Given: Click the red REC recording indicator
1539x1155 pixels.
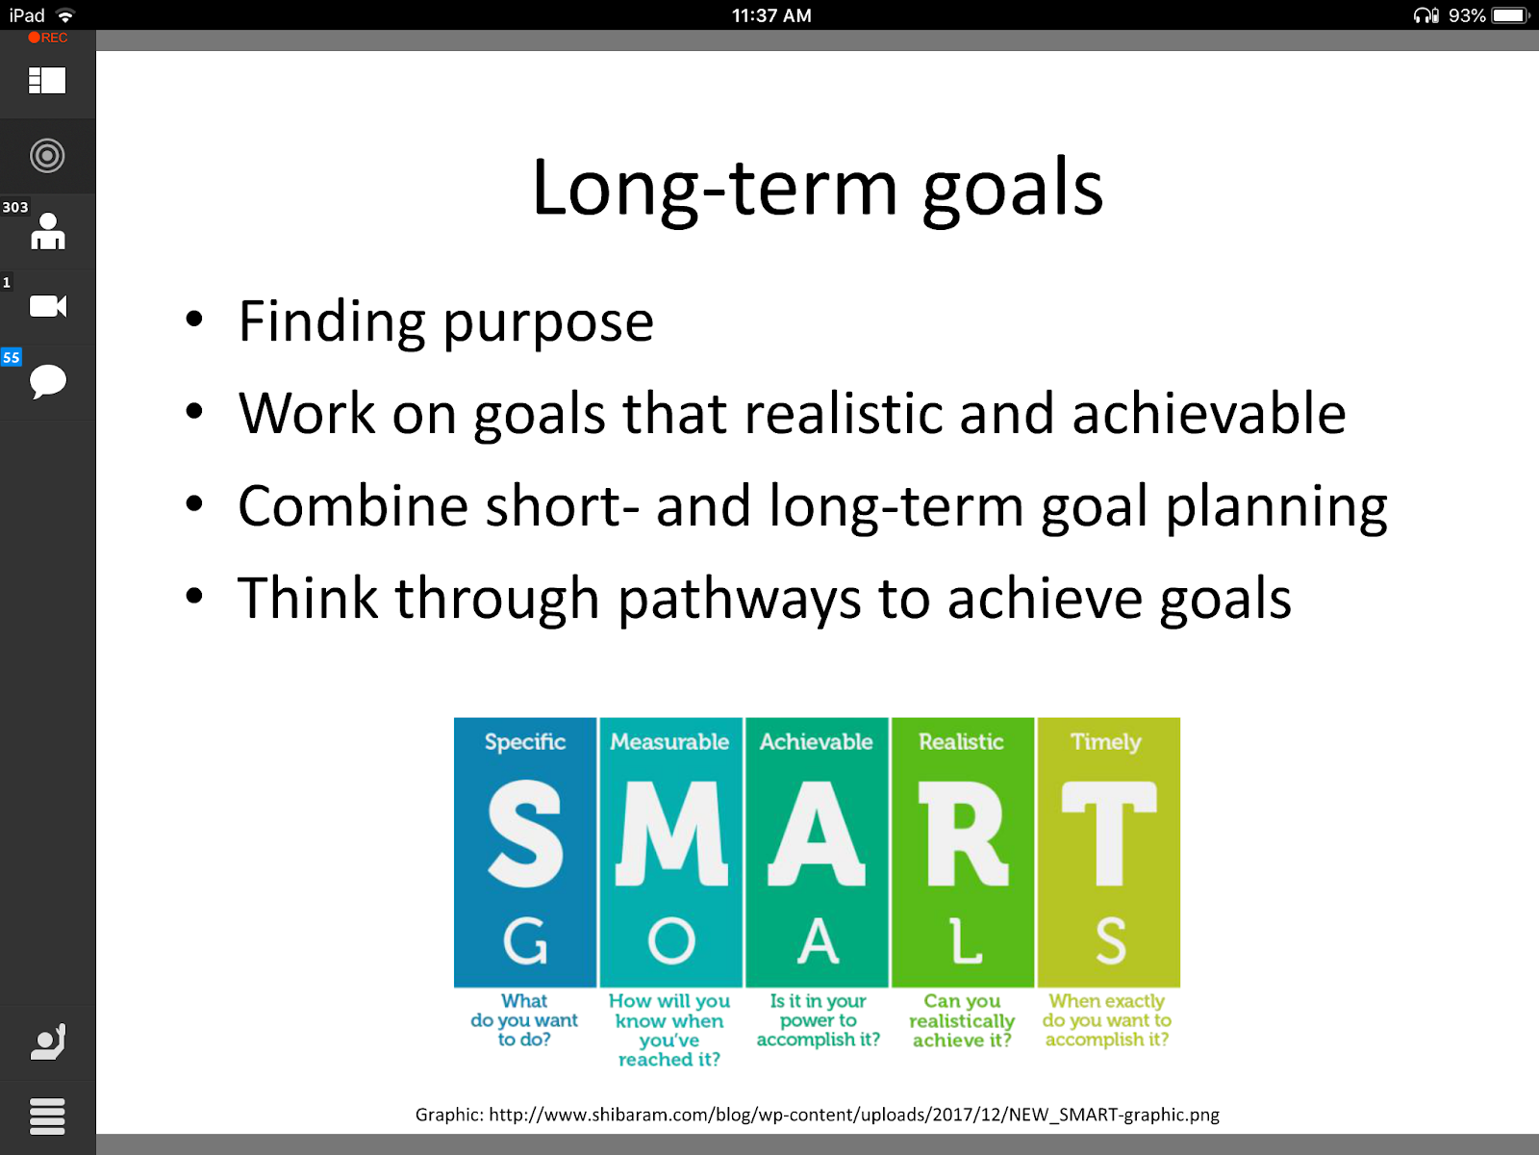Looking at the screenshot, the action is pos(48,38).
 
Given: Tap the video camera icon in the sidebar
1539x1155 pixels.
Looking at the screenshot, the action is pos(48,306).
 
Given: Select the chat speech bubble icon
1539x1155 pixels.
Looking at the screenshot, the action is pos(48,381).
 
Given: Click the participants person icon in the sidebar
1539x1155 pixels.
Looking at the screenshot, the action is pos(48,231).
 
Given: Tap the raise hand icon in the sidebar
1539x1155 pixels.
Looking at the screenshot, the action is pos(48,1041).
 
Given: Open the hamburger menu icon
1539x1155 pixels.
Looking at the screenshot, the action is pos(48,1116).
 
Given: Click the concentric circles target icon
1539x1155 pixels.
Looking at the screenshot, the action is pos(47,156).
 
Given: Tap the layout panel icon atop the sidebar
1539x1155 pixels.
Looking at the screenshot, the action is pos(47,81).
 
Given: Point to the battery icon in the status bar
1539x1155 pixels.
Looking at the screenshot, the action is pos(1510,15).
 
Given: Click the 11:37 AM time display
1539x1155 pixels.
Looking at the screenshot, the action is pos(771,15).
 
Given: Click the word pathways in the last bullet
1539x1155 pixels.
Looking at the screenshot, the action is pos(739,601).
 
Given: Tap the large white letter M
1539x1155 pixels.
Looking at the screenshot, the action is pos(671,834).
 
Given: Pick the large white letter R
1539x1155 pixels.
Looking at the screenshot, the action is pos(964,834).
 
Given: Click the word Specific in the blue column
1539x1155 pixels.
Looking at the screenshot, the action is pos(525,743).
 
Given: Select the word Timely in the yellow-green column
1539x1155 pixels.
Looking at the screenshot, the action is pos(1106,743).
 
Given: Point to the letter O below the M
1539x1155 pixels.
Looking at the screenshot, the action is pos(671,941).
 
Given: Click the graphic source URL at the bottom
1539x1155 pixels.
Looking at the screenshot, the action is pos(854,1115).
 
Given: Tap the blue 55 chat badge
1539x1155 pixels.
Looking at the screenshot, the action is pos(12,357).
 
